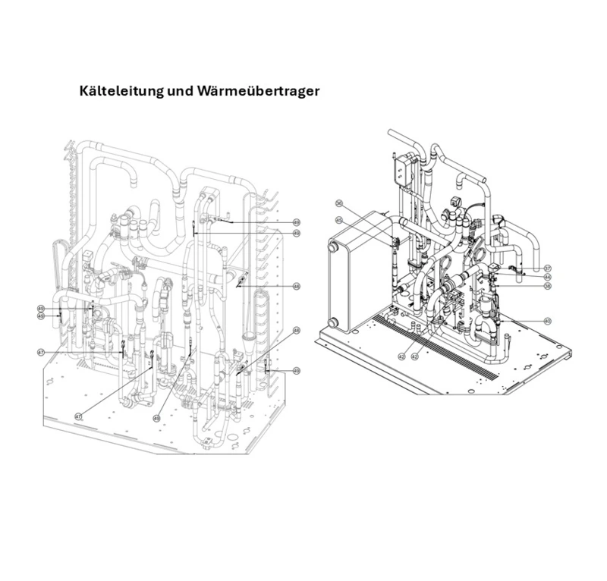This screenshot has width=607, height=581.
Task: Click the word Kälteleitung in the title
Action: tap(121, 91)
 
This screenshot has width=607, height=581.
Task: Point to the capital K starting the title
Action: tap(84, 91)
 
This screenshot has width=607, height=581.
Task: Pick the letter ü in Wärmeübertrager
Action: tap(254, 91)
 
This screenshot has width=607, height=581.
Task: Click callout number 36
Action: tap(339, 203)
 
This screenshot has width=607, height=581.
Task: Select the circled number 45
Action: tap(339, 221)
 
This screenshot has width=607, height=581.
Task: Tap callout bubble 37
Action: tap(547, 269)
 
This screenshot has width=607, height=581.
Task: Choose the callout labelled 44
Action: tap(547, 278)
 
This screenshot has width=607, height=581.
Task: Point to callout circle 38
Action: tap(547, 287)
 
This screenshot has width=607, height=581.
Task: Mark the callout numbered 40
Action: tap(547, 321)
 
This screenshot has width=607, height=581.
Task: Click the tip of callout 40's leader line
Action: tap(501, 321)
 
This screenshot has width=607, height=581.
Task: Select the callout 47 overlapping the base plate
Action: tap(78, 416)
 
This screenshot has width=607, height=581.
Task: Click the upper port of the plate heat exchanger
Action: tap(332, 248)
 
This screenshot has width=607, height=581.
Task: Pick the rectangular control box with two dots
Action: tap(401, 171)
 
